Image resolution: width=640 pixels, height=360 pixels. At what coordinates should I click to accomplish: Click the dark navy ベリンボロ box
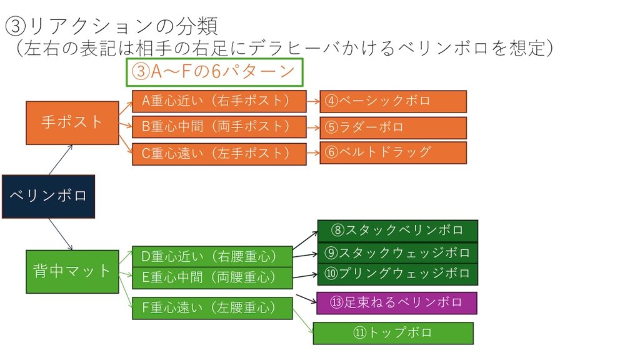[48, 196]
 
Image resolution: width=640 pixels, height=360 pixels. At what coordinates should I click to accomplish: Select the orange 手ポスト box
[72, 122]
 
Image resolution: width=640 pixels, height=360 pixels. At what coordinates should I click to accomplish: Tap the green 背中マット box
[72, 271]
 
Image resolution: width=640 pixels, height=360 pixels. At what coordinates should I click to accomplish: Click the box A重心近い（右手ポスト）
[219, 101]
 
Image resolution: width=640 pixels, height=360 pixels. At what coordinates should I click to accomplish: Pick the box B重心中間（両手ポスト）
[219, 127]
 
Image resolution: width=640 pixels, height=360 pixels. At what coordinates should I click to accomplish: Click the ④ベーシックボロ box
[392, 101]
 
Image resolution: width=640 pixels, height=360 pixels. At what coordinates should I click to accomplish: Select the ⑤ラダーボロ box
[392, 127]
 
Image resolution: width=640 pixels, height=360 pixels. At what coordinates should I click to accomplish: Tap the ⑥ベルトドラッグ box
[392, 152]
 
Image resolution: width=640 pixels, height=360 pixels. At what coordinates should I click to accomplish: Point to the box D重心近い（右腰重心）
[212, 256]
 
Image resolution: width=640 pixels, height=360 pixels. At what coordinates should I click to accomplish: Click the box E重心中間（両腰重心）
[212, 277]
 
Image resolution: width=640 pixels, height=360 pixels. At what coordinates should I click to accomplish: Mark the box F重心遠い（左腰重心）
[212, 308]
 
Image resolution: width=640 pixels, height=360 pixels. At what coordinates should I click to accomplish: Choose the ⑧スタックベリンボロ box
[397, 231]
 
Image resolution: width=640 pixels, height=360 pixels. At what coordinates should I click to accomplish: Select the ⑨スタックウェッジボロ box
[397, 252]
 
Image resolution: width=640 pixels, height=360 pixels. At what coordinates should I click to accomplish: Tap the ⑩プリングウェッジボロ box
[397, 274]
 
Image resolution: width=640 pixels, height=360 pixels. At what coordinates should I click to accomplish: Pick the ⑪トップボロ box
[392, 333]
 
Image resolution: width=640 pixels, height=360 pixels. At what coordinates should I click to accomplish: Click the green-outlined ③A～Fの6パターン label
[215, 72]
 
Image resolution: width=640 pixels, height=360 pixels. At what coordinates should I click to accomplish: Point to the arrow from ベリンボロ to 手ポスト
[61, 160]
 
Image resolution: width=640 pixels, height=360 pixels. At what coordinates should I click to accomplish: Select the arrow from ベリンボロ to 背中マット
[61, 234]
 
